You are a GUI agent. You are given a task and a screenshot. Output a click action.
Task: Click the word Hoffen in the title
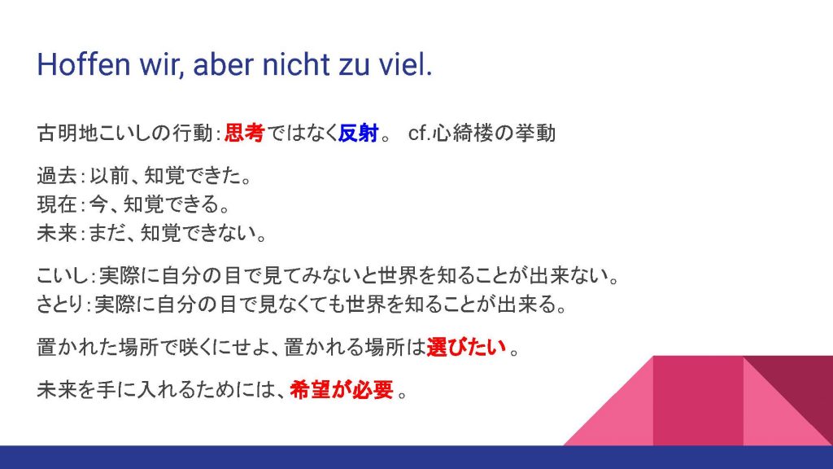pyautogui.click(x=84, y=64)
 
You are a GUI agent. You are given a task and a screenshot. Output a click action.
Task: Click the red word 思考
pyautogui.click(x=244, y=133)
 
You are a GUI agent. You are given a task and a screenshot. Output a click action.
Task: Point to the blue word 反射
pyautogui.click(x=359, y=133)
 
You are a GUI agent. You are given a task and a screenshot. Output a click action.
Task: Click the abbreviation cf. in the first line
pyautogui.click(x=419, y=133)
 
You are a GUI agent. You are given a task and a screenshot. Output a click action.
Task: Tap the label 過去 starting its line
pyautogui.click(x=57, y=176)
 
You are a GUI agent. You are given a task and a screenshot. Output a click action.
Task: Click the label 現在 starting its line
pyautogui.click(x=57, y=204)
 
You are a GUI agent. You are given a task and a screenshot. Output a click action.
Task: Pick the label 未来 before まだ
pyautogui.click(x=57, y=233)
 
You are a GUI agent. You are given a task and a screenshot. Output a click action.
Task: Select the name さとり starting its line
pyautogui.click(x=60, y=305)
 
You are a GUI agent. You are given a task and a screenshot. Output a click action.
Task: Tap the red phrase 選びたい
pyautogui.click(x=466, y=347)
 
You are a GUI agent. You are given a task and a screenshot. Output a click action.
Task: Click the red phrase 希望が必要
pyautogui.click(x=342, y=390)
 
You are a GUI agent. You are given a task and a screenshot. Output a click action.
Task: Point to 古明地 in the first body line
pyautogui.click(x=68, y=133)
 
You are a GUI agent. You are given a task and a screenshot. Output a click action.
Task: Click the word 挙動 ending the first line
pyautogui.click(x=535, y=133)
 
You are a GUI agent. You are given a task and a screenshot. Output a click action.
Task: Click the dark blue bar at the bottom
pyautogui.click(x=416, y=458)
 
